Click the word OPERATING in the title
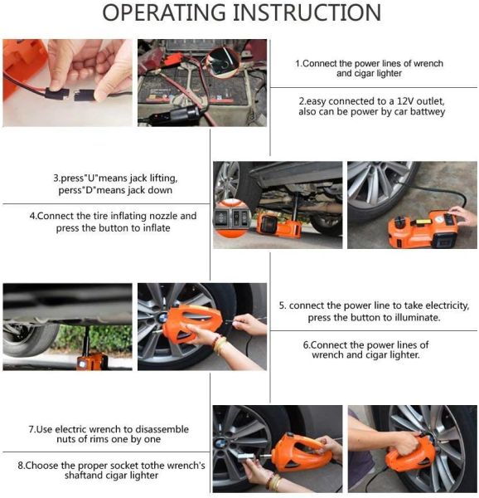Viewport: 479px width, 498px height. [163, 12]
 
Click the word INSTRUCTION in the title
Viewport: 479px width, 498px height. [307, 12]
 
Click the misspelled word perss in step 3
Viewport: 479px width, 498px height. [68, 191]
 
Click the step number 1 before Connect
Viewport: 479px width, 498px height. [298, 64]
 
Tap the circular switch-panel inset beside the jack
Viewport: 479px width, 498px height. [232, 218]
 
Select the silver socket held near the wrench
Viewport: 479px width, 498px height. [247, 459]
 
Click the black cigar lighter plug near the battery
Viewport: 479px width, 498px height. [185, 115]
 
